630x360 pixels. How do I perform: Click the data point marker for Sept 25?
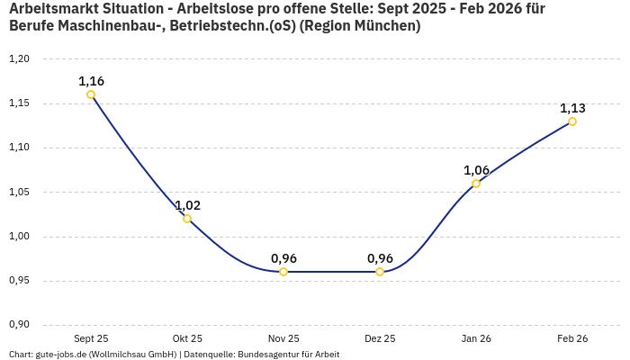coord(91,94)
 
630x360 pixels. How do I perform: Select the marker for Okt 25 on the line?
coord(187,219)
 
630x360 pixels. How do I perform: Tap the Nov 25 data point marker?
coord(283,272)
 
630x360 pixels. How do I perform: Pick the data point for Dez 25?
coord(380,272)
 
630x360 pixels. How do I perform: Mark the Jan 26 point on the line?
coord(476,184)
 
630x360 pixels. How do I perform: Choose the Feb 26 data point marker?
coord(572,121)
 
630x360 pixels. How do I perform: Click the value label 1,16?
coord(91,81)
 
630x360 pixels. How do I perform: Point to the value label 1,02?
coord(187,205)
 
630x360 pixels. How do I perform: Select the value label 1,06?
coord(476,170)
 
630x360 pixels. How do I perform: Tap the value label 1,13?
coord(572,108)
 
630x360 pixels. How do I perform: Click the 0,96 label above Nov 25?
coord(283,258)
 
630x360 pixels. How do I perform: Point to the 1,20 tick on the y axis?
coord(19,59)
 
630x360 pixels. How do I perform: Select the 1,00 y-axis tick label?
coord(19,237)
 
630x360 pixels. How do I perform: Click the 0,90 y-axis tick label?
coord(19,325)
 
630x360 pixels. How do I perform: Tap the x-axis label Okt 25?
coord(187,339)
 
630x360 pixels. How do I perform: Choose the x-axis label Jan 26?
coord(476,339)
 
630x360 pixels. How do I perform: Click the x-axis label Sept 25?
coord(91,339)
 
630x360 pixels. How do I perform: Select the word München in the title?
coord(384,26)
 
